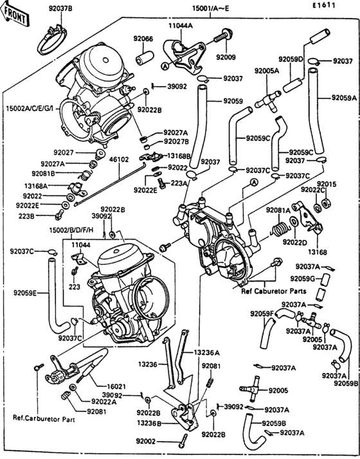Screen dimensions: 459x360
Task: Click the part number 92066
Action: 143,39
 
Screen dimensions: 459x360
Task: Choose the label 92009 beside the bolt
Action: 227,57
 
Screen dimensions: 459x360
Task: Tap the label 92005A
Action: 266,71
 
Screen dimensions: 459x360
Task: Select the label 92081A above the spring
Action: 278,210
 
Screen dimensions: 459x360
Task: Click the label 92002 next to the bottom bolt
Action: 146,442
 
